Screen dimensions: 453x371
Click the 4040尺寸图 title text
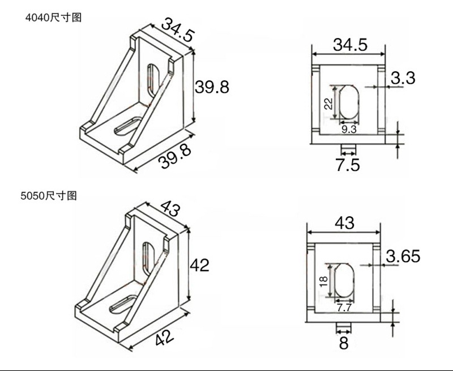coord(53,18)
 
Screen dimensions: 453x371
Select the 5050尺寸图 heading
coord(49,195)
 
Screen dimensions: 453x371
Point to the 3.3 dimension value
coord(403,78)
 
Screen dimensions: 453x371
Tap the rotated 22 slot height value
coord(328,104)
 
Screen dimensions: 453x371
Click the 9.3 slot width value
coord(349,129)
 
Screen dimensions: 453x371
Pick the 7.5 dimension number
coord(348,165)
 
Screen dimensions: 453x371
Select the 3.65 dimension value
coord(403,256)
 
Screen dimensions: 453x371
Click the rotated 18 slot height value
coord(324,281)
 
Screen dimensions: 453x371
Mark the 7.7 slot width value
coord(344,308)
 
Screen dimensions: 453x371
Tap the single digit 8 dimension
coord(344,343)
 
